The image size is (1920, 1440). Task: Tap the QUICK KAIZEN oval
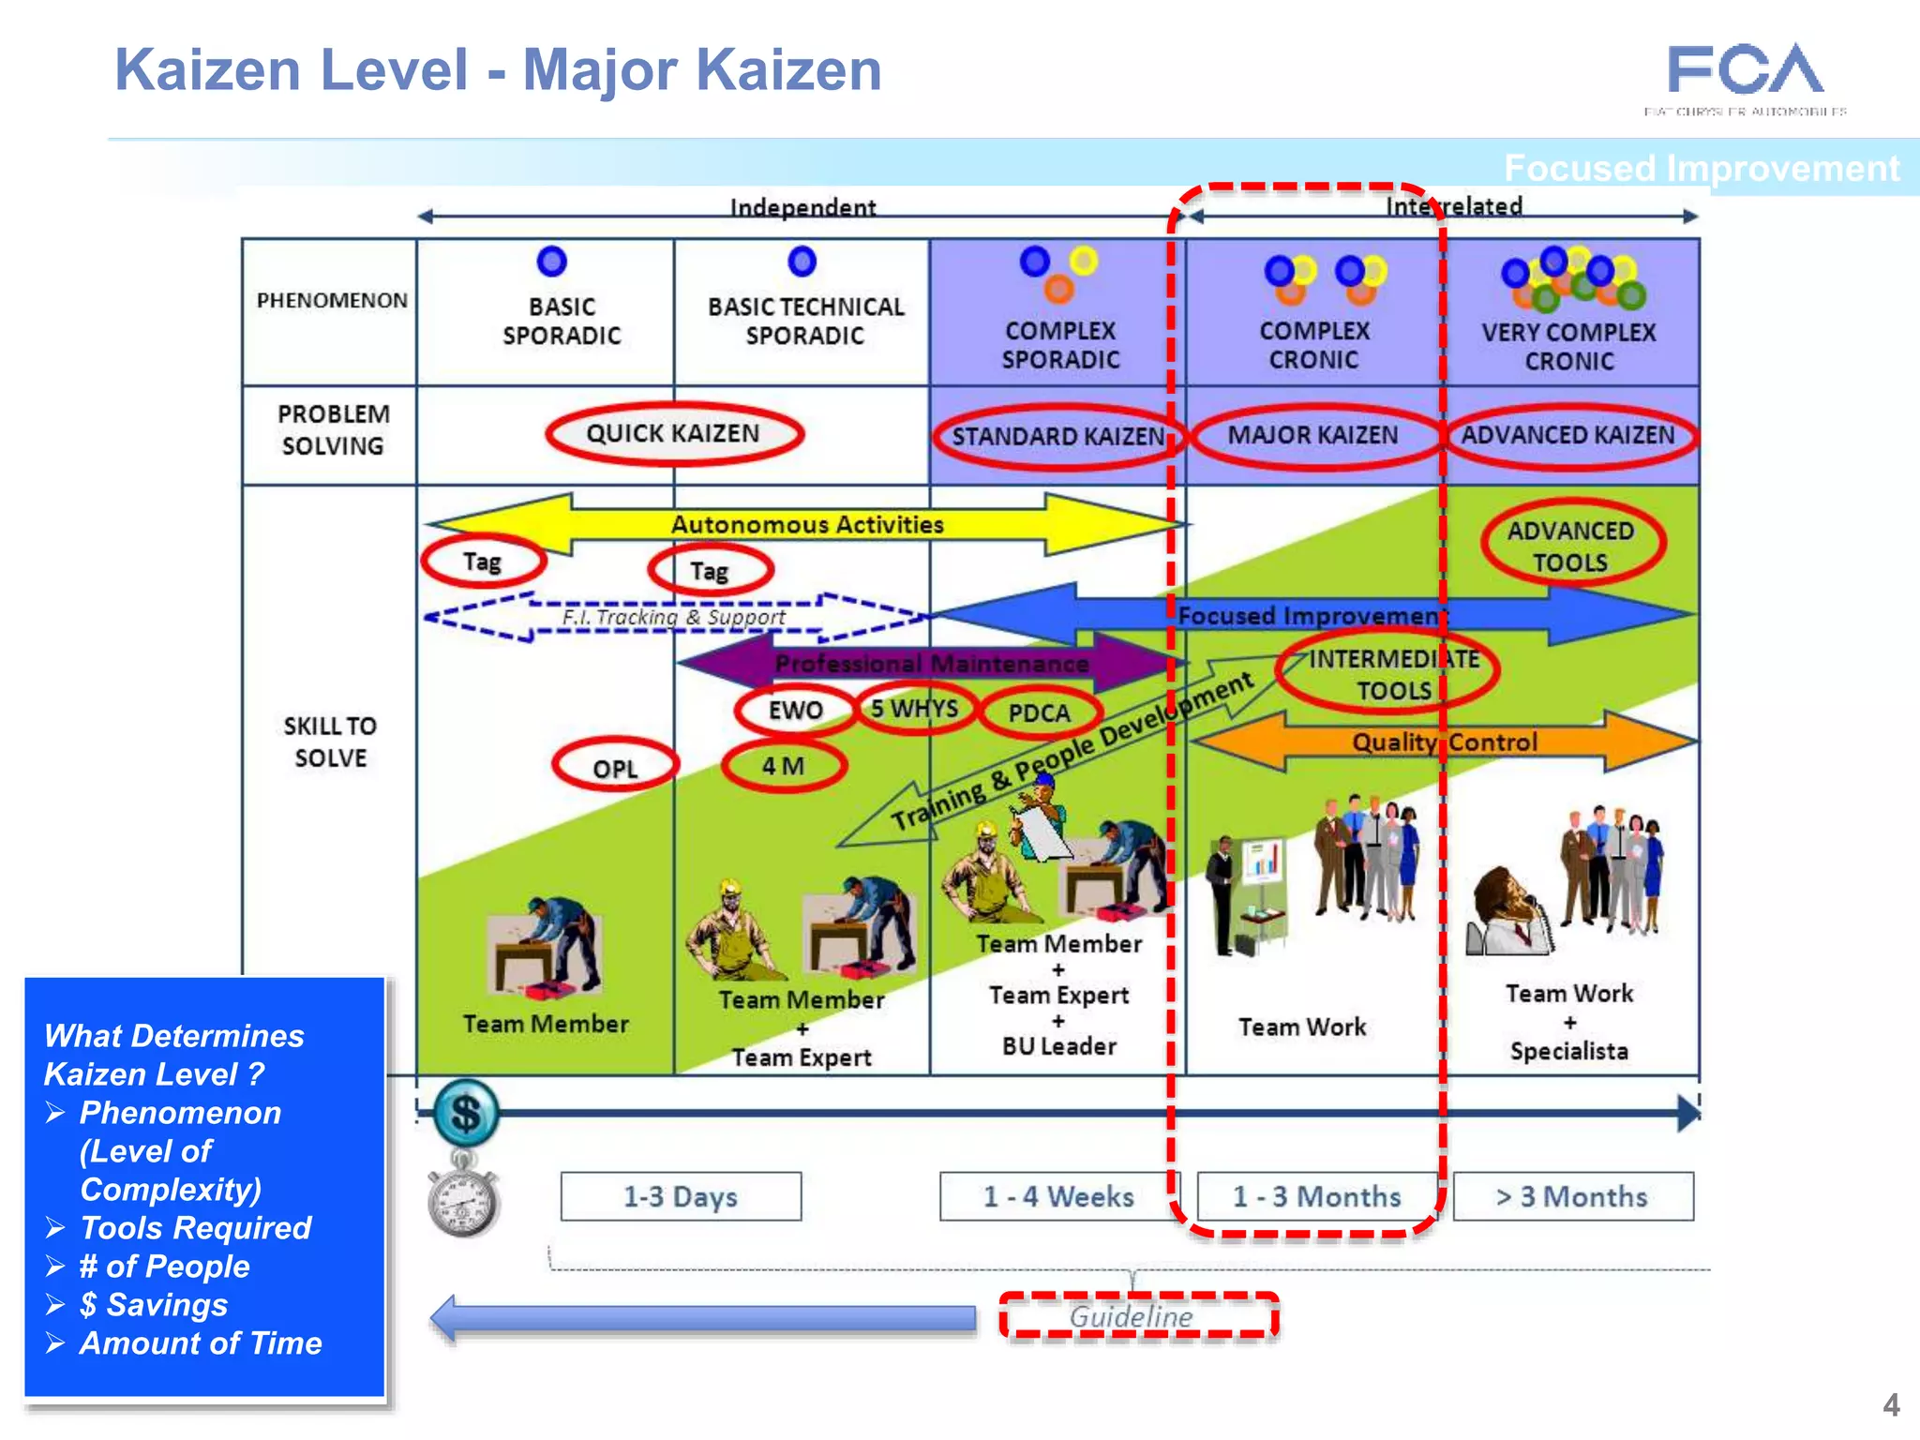(673, 434)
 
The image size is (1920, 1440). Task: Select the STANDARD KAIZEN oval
(1057, 437)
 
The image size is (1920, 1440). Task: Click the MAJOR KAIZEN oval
(1312, 435)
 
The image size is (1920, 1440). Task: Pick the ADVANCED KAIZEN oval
(1567, 435)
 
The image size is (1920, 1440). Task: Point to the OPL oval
(615, 768)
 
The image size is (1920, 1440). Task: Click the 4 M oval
(784, 766)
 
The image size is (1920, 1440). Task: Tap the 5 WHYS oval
(915, 709)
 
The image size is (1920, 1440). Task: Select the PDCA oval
(1039, 713)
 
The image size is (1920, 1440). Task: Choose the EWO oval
(795, 710)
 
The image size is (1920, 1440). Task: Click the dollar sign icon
(466, 1114)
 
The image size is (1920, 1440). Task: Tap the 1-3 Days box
(681, 1196)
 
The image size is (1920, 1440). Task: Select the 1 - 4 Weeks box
(1057, 1196)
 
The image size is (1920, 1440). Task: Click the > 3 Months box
(1572, 1196)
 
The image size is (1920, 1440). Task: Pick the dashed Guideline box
(1137, 1316)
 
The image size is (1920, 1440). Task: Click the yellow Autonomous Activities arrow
(806, 524)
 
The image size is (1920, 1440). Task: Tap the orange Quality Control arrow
(1444, 742)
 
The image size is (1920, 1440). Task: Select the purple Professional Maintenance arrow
(931, 664)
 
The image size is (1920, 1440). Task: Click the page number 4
(1891, 1404)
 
